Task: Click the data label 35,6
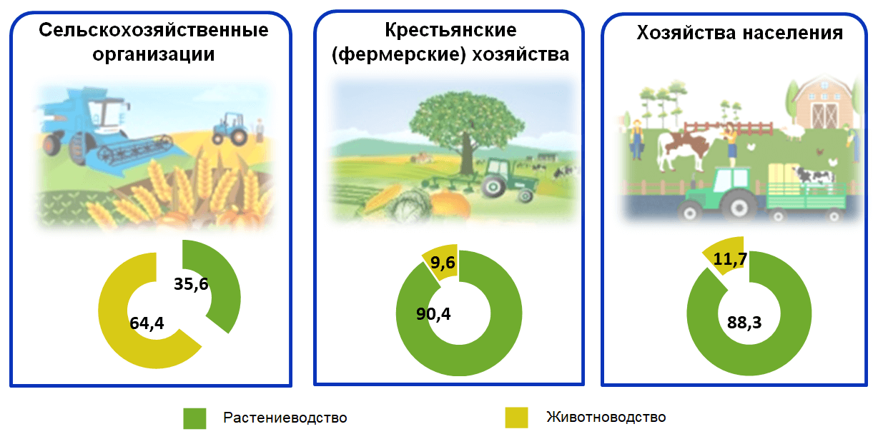[191, 284]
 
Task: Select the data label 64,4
[147, 323]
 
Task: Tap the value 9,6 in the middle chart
[443, 263]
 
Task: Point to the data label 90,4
[433, 314]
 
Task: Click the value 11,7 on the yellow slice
[730, 258]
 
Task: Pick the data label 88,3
[744, 323]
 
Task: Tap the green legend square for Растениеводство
[194, 418]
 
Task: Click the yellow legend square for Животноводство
[516, 418]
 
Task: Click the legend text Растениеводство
[285, 418]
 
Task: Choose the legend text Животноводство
[606, 417]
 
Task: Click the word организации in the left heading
[153, 54]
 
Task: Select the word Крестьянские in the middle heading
[450, 30]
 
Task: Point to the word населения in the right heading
[793, 33]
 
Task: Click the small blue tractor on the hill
[230, 129]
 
